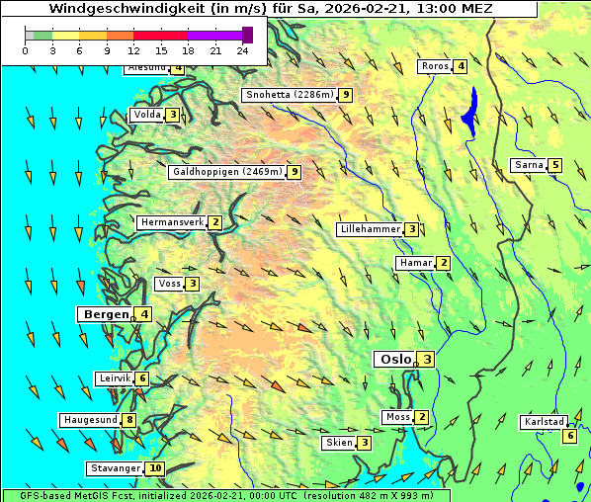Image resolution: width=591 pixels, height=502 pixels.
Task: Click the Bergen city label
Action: [x=105, y=314]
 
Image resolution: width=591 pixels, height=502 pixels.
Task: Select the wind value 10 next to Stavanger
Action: [x=155, y=468]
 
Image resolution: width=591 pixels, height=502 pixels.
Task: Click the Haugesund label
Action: [x=90, y=420]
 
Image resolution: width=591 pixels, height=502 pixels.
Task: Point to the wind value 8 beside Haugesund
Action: [x=129, y=420]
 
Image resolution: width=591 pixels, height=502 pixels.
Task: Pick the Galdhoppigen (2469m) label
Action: [x=227, y=172]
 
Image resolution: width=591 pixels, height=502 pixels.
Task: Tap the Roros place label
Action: [x=434, y=66]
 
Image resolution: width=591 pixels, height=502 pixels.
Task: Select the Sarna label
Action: [x=529, y=165]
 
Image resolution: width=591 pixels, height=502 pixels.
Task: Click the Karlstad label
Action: [x=545, y=422]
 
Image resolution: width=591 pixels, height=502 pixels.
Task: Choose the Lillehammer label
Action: [x=370, y=229]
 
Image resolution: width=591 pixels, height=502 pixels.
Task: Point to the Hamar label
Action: [x=414, y=263]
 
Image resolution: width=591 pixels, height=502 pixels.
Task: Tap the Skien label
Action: [x=338, y=443]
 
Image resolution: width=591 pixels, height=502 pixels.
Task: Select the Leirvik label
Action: [x=114, y=378]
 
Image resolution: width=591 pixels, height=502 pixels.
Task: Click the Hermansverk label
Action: [x=171, y=222]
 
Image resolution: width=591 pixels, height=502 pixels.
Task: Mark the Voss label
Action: [x=169, y=284]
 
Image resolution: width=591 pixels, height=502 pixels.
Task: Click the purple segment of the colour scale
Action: [x=214, y=35]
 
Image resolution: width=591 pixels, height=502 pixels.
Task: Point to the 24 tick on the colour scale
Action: [x=242, y=49]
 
